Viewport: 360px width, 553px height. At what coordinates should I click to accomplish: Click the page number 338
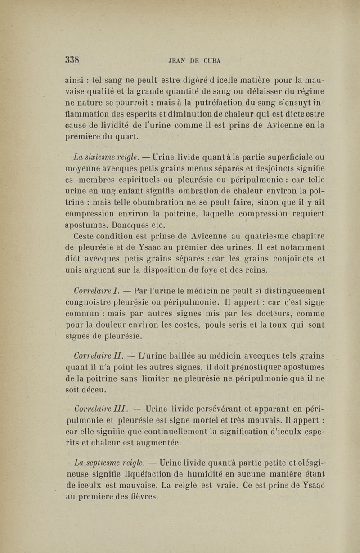pyautogui.click(x=72, y=59)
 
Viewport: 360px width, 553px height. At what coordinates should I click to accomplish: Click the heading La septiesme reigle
pyautogui.click(x=108, y=463)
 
